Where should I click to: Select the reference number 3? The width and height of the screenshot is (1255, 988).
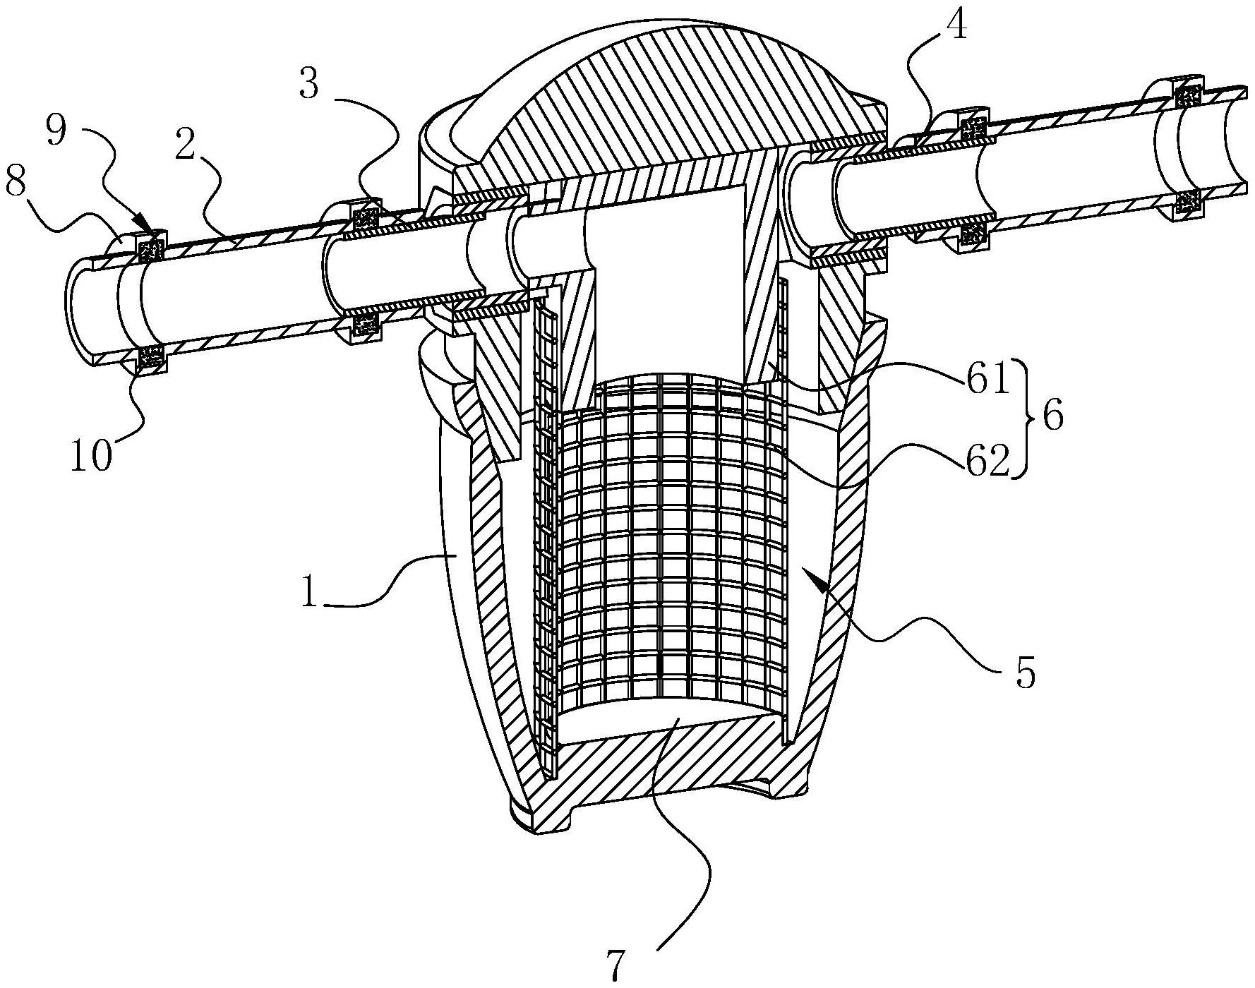tap(309, 85)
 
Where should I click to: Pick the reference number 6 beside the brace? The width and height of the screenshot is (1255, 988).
tap(1052, 418)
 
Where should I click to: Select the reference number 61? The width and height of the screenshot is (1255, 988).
tap(987, 380)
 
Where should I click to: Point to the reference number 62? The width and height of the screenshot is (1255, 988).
tap(987, 463)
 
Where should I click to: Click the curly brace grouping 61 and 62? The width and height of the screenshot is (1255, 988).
tap(1021, 418)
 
